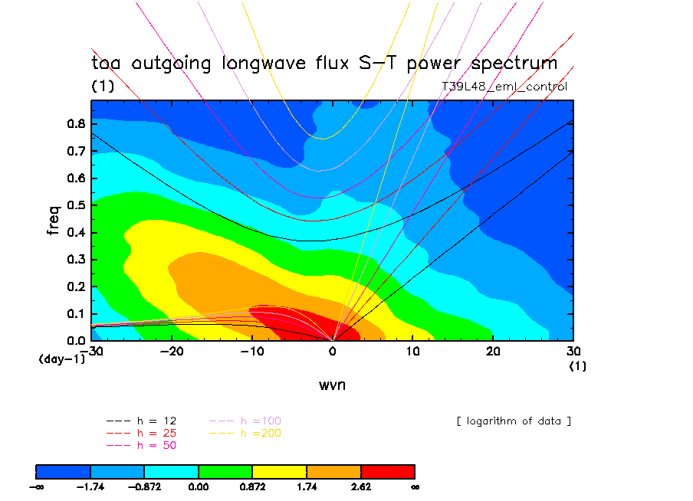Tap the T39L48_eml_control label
click(x=504, y=87)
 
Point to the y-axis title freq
click(x=54, y=218)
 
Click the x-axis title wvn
click(x=332, y=385)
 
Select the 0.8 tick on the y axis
click(x=74, y=124)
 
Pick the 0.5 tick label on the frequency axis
click(x=74, y=205)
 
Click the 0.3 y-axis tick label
click(x=74, y=260)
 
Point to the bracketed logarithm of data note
click(x=514, y=421)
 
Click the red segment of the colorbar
click(x=387, y=471)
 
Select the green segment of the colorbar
click(x=225, y=471)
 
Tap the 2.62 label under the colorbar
click(x=360, y=486)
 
